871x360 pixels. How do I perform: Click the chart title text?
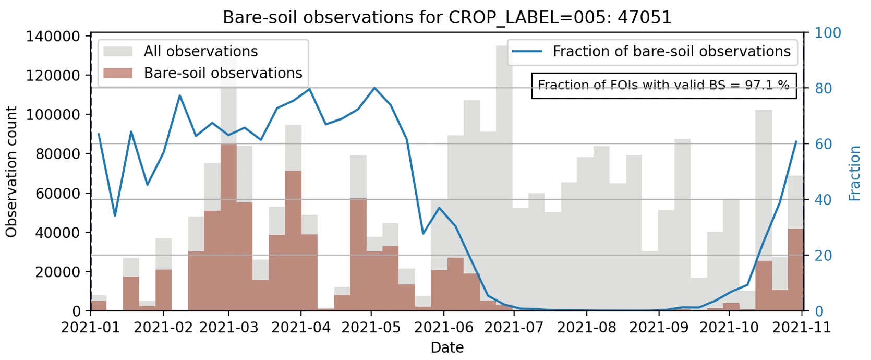click(447, 17)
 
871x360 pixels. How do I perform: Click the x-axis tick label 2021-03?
click(228, 328)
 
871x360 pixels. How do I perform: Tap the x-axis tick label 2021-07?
click(514, 328)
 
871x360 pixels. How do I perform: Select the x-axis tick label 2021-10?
click(729, 328)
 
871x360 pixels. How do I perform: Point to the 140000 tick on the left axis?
click(53, 37)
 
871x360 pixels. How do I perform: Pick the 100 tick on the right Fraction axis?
click(828, 33)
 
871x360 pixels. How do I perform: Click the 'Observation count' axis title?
click(11, 172)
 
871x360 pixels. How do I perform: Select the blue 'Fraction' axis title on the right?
click(854, 173)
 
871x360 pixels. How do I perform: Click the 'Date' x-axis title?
click(447, 347)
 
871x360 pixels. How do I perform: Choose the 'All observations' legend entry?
click(201, 51)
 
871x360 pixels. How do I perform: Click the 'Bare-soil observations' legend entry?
click(223, 73)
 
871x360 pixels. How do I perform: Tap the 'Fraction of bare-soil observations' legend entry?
click(671, 51)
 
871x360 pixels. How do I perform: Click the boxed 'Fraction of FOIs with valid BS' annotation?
click(663, 85)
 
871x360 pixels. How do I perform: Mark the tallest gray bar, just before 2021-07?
click(504, 177)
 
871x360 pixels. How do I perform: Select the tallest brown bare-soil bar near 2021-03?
click(228, 227)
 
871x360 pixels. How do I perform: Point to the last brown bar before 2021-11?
click(795, 270)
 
